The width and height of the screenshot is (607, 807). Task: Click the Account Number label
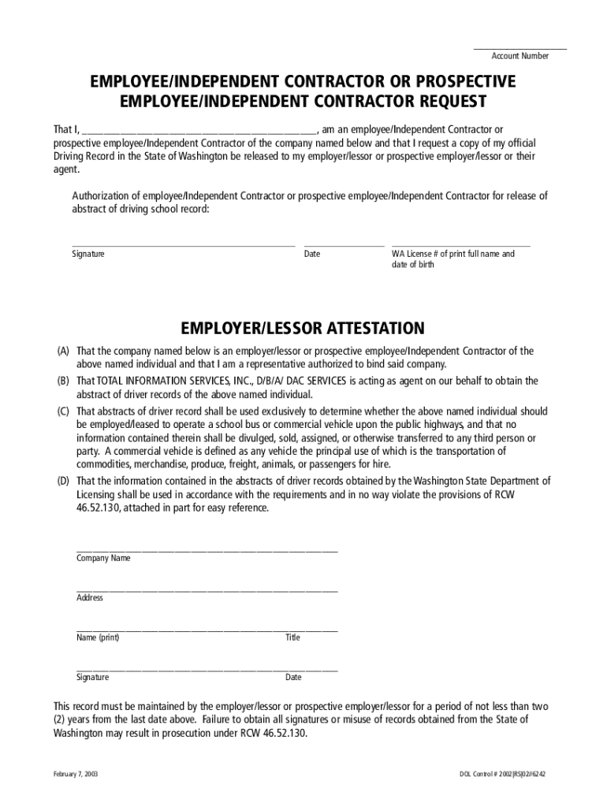tap(520, 56)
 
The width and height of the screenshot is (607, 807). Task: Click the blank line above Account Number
tap(520, 49)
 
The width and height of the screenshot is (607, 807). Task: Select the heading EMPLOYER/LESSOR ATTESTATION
tap(303, 328)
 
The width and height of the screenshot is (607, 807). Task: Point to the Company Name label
tap(103, 558)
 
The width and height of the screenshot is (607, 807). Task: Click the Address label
tap(90, 598)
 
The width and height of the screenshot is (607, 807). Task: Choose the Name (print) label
tap(98, 638)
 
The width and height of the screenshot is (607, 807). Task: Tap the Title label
tap(292, 638)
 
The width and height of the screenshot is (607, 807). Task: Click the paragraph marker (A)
tap(62, 351)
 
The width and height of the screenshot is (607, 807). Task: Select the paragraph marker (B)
tap(62, 381)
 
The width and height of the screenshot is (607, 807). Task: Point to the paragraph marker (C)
tap(62, 411)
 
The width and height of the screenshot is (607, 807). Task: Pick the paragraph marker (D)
tap(62, 481)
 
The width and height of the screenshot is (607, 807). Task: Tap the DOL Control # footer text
tap(502, 774)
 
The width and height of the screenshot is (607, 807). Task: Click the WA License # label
tap(453, 254)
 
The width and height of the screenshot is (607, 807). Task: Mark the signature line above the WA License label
tap(461, 246)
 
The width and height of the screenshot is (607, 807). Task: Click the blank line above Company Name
tap(207, 550)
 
